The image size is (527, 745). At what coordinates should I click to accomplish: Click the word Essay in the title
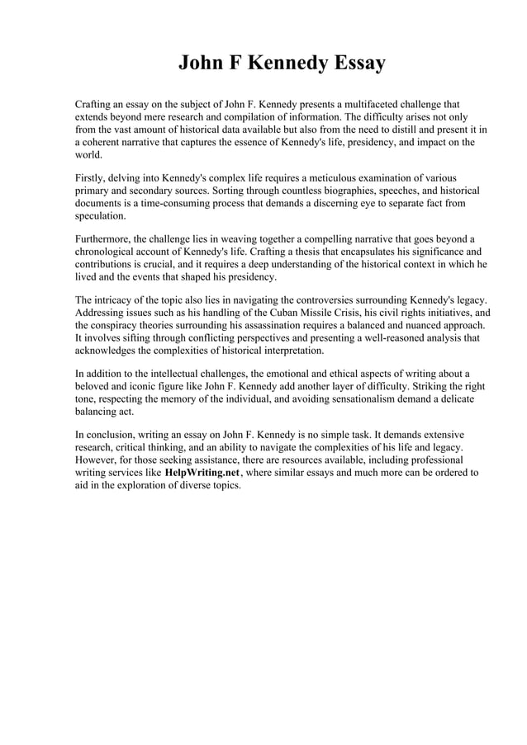point(356,64)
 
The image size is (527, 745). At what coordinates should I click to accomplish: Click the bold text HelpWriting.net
point(202,473)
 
